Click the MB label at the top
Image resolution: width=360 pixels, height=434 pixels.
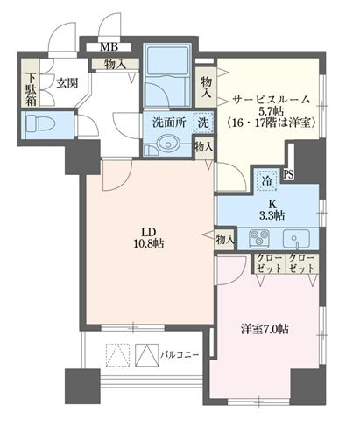coord(109,47)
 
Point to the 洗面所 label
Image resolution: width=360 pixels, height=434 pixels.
coord(167,123)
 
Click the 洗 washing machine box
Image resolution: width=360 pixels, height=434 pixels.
coord(203,123)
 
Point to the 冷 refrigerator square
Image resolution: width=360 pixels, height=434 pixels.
coord(265,179)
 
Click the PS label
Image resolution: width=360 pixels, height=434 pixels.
coord(288,173)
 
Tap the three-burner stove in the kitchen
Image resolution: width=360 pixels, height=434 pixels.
coord(260,237)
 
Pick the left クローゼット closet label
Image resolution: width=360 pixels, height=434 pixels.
coord(267,265)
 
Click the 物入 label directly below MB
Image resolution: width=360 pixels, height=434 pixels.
coord(115,64)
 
